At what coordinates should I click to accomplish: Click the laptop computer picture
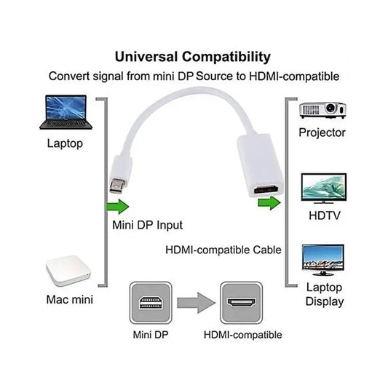click(x=66, y=112)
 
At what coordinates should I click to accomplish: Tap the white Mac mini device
click(x=68, y=271)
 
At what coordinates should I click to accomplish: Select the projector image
click(x=322, y=110)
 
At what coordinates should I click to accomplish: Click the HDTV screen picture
click(x=324, y=189)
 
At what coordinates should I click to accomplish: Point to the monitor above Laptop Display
click(x=323, y=260)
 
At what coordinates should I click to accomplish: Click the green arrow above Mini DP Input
click(x=118, y=206)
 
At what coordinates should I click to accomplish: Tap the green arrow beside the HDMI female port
click(x=269, y=203)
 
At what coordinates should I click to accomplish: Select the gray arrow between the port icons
click(x=197, y=303)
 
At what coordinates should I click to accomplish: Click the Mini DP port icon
click(x=151, y=303)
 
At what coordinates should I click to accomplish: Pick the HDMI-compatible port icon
click(x=241, y=303)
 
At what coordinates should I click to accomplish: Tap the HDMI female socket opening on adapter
click(x=266, y=190)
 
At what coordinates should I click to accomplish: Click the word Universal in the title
click(x=146, y=57)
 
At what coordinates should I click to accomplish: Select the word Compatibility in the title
click(x=226, y=58)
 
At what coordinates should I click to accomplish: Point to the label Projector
click(x=322, y=133)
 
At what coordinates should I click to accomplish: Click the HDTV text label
click(x=325, y=215)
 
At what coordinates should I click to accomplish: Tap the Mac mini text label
click(x=70, y=299)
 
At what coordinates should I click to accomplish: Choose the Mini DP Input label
click(x=148, y=225)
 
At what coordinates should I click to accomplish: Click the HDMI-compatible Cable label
click(x=223, y=250)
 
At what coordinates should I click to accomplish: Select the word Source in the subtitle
click(x=214, y=76)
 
